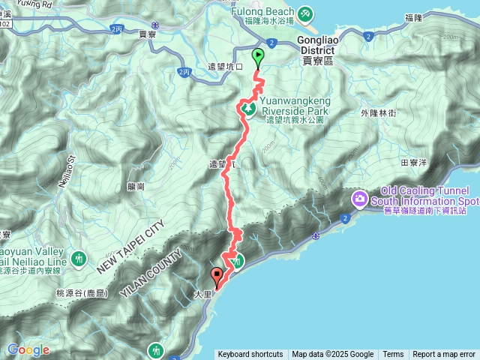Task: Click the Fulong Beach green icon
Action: (304, 13)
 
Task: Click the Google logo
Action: (28, 349)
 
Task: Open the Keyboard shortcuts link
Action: (250, 355)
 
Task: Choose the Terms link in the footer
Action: (393, 355)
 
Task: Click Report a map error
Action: (444, 355)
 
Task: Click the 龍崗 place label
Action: (136, 187)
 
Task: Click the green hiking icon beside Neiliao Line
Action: (80, 261)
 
